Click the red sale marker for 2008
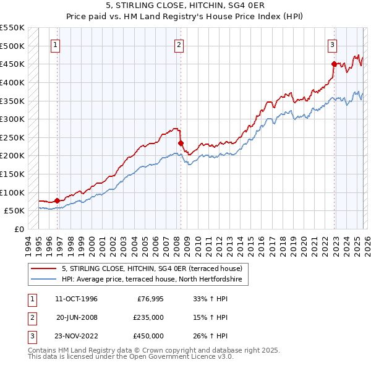point(181,143)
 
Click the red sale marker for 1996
point(57,200)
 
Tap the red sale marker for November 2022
point(334,64)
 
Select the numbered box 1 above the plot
point(56,45)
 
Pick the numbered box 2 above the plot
point(179,45)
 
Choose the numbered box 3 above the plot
point(332,45)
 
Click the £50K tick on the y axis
point(15,210)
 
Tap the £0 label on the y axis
point(20,229)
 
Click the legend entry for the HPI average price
point(154,280)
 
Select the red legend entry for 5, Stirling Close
point(154,269)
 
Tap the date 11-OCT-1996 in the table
point(76,299)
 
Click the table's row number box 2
point(32,317)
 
